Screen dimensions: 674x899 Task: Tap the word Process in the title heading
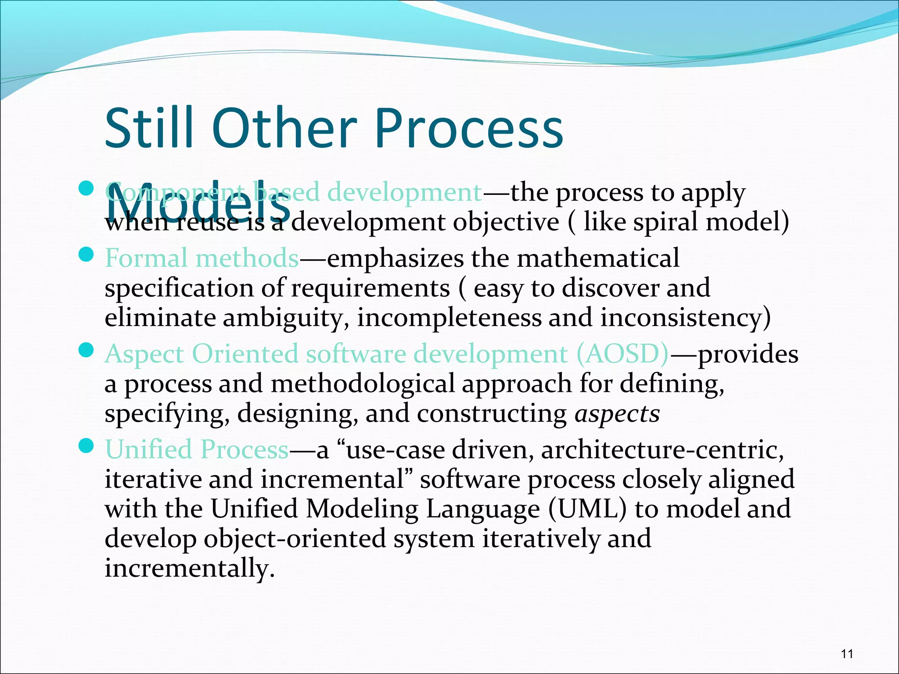pos(468,128)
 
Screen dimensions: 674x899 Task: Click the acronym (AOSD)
pos(622,354)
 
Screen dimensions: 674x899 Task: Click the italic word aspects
pos(617,414)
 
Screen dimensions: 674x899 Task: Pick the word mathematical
pos(598,258)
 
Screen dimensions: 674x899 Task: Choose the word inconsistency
pos(685,318)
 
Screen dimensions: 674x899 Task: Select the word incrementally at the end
pos(189,569)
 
